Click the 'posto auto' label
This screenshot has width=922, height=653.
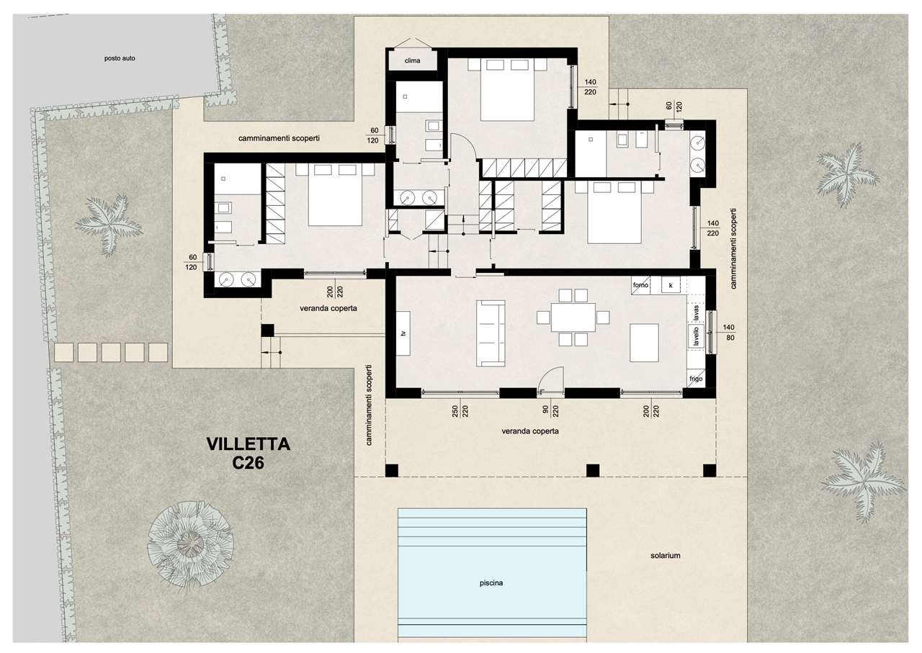(120, 58)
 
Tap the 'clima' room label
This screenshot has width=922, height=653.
(412, 61)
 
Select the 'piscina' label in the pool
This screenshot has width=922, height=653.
(491, 583)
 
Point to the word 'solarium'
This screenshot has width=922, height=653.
(665, 556)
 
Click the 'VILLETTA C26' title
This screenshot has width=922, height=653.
(249, 454)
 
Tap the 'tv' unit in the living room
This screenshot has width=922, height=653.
(403, 333)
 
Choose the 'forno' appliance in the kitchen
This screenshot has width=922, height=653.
(640, 284)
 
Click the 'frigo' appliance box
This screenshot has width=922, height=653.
(696, 379)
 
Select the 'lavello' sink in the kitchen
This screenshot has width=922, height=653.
(697, 335)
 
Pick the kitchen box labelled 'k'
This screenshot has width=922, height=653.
(671, 284)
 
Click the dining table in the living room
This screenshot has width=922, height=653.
(573, 318)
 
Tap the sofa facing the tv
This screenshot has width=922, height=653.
(491, 333)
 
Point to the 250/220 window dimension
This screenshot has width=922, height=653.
(460, 411)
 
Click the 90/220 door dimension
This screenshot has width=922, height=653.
(550, 411)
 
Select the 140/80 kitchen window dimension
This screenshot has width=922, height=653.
(728, 333)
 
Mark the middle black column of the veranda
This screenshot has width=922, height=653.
(592, 470)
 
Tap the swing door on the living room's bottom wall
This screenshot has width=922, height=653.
(550, 378)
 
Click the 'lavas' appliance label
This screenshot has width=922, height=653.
(697, 313)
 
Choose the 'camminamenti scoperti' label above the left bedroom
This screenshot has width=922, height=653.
(279, 139)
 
